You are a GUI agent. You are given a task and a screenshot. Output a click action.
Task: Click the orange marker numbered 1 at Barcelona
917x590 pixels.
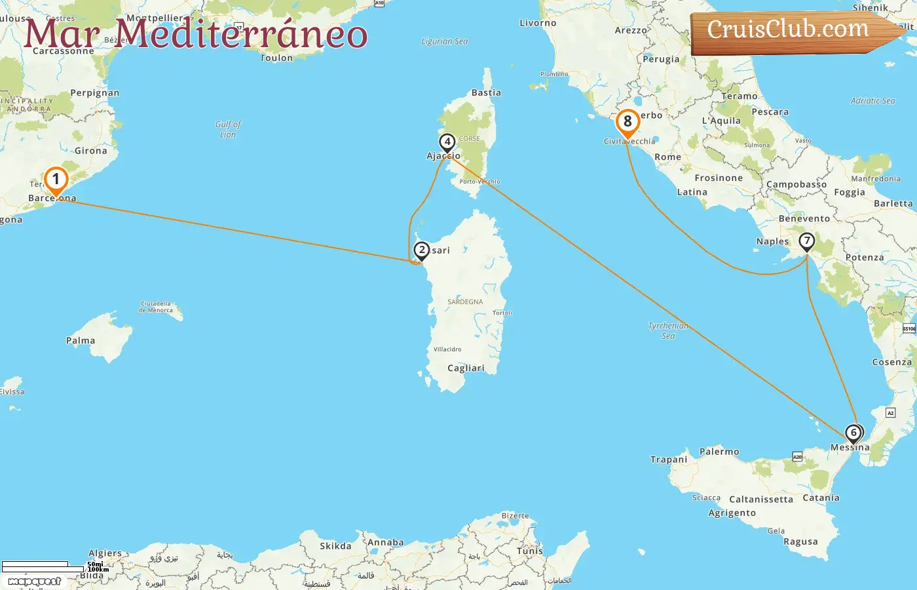(56, 180)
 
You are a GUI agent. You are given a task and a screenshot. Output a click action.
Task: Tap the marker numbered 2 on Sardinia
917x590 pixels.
(422, 250)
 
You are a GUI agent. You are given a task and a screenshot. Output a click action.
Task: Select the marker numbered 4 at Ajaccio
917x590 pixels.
(447, 142)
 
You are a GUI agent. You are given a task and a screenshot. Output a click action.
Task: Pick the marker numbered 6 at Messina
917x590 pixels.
(853, 433)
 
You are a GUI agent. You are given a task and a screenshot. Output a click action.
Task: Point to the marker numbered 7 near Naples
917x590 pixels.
(806, 241)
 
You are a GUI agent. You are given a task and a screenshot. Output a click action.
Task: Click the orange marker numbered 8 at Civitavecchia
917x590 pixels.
(627, 122)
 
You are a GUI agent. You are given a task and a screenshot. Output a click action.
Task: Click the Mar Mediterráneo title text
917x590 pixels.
(195, 34)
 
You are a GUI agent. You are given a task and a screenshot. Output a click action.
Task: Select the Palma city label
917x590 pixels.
(81, 341)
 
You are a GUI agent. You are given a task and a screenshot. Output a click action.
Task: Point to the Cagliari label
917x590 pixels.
(466, 368)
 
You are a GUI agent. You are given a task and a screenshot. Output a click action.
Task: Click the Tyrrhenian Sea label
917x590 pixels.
(668, 330)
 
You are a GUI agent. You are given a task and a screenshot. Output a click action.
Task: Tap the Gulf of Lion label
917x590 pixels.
(228, 129)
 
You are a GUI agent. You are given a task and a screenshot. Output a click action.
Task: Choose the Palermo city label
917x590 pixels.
(719, 452)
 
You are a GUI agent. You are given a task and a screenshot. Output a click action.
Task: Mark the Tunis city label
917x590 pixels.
(530, 551)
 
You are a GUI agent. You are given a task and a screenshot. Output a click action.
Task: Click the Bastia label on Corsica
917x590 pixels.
(486, 93)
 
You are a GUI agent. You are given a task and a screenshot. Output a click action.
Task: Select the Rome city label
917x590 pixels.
(667, 157)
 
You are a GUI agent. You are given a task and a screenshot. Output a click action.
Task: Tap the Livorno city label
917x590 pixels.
(538, 23)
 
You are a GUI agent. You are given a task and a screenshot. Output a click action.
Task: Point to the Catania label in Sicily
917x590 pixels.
(821, 498)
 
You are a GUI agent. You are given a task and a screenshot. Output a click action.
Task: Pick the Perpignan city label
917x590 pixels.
(95, 93)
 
